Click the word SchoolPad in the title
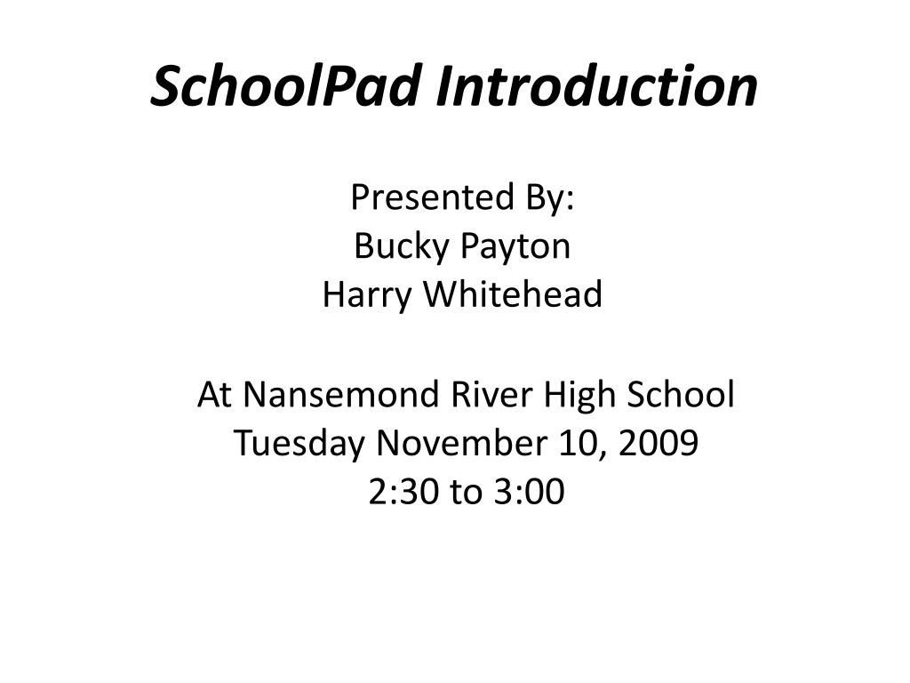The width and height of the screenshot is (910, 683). pyautogui.click(x=285, y=85)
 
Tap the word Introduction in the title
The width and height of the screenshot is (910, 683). pyautogui.click(x=596, y=85)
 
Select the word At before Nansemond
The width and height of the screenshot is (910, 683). pyautogui.click(x=214, y=394)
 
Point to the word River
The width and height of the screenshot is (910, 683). pyautogui.click(x=491, y=394)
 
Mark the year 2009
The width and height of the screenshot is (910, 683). pyautogui.click(x=659, y=443)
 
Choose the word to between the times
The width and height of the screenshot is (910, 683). pyautogui.click(x=467, y=493)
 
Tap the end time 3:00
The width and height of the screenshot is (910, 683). pyautogui.click(x=530, y=491)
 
